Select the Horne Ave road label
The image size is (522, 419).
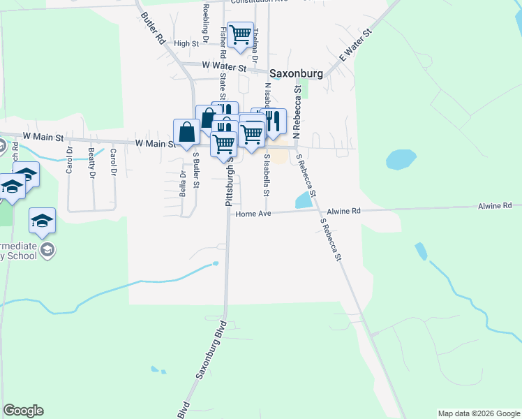click(253, 214)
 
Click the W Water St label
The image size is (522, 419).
click(224, 67)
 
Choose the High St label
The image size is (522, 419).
click(186, 43)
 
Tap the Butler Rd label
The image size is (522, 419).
click(152, 28)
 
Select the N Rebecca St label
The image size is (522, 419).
click(297, 111)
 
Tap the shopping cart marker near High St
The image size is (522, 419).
click(240, 34)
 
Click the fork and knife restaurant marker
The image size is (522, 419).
click(273, 121)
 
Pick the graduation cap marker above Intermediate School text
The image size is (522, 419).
click(42, 221)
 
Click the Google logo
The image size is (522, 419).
click(23, 411)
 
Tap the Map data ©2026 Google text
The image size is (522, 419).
click(479, 413)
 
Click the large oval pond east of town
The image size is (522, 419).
click(401, 159)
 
